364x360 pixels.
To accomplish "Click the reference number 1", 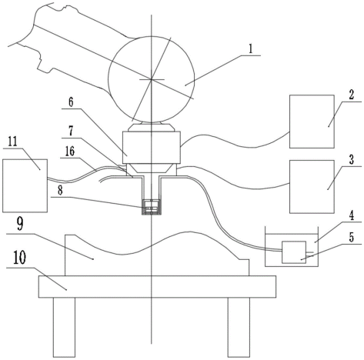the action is pos(251,48).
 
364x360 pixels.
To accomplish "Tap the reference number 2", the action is pos(351,95).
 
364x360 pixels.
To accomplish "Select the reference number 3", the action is pos(351,159).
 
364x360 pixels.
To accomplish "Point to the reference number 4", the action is pos(351,215).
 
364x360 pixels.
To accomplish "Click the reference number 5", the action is pos(351,237).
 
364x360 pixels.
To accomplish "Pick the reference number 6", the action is pos(71,102).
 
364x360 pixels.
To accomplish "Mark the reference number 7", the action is pos(71,131).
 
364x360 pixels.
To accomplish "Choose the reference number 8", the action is pos(60,191).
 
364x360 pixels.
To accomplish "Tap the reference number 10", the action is pos(19,258).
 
